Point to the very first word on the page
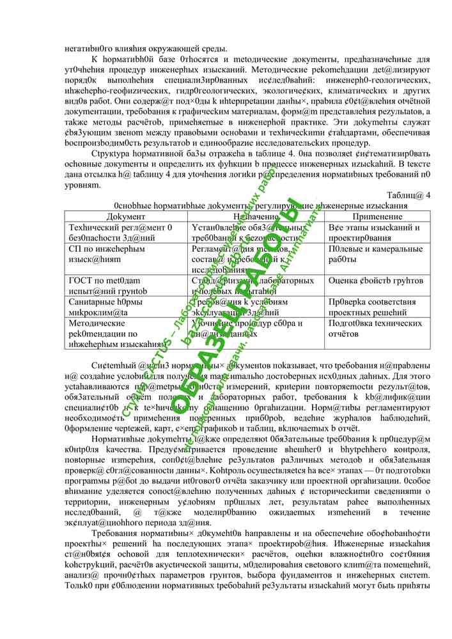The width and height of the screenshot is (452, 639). click(x=87, y=49)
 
